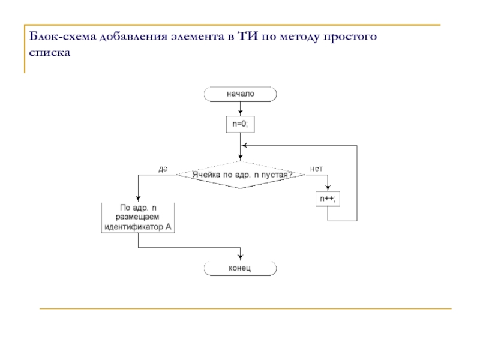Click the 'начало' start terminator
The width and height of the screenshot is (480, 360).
[x=240, y=94]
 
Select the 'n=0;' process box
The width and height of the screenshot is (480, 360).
[x=240, y=124]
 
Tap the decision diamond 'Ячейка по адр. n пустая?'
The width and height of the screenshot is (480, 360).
[x=241, y=175]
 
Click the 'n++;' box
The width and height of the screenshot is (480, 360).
[x=328, y=199]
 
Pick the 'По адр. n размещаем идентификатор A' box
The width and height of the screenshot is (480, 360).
[x=139, y=217]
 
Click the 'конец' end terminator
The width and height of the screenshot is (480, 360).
[x=240, y=268]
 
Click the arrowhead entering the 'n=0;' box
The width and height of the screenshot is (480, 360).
[x=240, y=114]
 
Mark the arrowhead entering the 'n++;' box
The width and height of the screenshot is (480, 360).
[x=328, y=188]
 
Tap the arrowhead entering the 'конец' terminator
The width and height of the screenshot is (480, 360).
[x=240, y=258]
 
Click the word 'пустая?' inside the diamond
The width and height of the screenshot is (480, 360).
[x=277, y=175]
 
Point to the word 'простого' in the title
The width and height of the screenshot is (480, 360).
[x=350, y=38]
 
